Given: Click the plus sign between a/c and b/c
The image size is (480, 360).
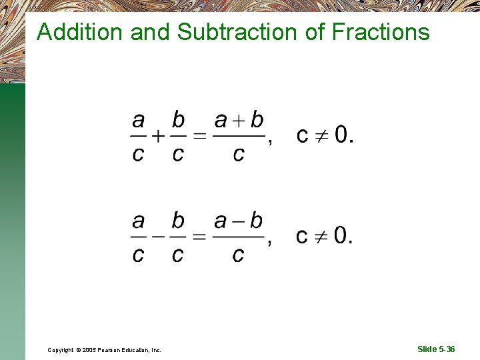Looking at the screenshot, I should [157, 137].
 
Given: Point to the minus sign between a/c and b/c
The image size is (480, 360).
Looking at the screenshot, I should [157, 237].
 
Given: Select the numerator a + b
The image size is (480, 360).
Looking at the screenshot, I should [239, 121].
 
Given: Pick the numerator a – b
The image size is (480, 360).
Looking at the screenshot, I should [239, 221].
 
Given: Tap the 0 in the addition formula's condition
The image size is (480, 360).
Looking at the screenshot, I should [341, 135].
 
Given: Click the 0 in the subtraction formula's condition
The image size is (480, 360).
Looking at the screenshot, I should [341, 235].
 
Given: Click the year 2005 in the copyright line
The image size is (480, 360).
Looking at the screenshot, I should [91, 350].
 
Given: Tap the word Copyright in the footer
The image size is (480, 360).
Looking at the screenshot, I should [61, 350].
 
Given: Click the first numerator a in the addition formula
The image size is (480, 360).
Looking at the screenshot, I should [138, 121].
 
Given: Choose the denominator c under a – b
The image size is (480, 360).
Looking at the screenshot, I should [238, 254].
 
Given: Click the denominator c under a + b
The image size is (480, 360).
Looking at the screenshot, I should [238, 155].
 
